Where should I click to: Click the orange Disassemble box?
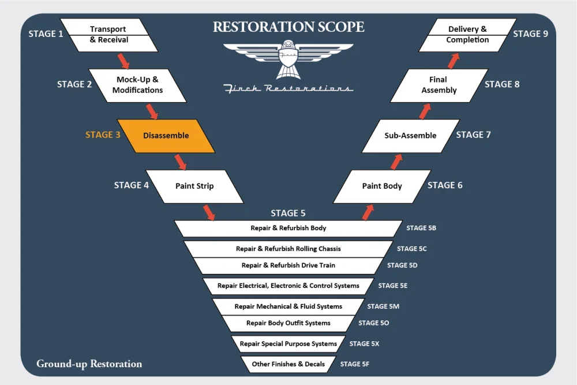click(x=166, y=136)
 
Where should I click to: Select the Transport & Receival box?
click(x=108, y=35)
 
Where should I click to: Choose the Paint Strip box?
click(x=194, y=186)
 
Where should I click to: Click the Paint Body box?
click(x=382, y=186)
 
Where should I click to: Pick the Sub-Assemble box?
click(x=410, y=136)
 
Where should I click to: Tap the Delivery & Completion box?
click(x=467, y=35)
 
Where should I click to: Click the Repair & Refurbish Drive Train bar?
click(x=288, y=266)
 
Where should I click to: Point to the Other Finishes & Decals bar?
click(x=288, y=364)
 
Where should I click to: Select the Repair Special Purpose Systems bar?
click(x=288, y=344)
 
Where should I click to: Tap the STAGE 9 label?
click(x=530, y=33)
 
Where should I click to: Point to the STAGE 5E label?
click(x=393, y=286)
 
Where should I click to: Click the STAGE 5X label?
click(x=364, y=344)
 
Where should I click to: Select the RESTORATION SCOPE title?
click(x=288, y=27)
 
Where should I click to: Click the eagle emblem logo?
click(x=288, y=59)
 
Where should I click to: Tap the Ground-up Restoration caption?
click(x=89, y=364)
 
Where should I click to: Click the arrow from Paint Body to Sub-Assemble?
click(x=396, y=161)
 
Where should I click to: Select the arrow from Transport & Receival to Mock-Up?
click(x=123, y=60)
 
